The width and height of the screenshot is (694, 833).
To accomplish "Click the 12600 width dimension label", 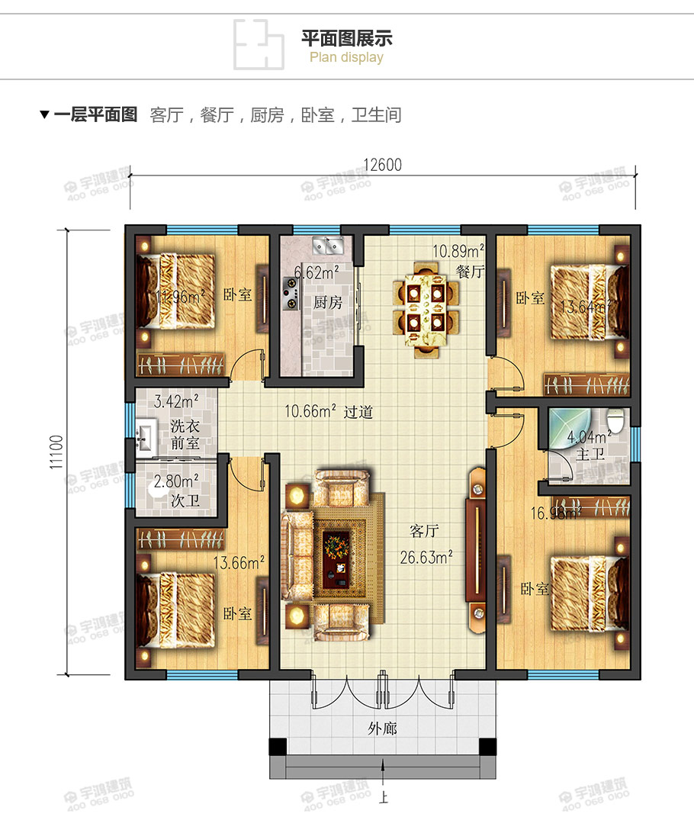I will [x=383, y=165].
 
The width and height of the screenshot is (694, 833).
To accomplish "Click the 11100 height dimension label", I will [x=56, y=454].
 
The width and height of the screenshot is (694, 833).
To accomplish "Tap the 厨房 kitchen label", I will [x=328, y=302].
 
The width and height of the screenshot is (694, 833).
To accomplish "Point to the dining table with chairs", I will [x=425, y=309].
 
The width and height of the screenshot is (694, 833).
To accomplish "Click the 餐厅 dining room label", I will [x=471, y=271].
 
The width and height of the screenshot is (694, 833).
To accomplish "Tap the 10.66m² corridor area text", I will [x=310, y=412].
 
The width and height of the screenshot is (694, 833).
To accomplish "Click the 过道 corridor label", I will [x=358, y=412].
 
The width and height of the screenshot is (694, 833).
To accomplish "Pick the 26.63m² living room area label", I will [x=426, y=557].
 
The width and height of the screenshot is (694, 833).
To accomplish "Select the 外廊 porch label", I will [x=383, y=728].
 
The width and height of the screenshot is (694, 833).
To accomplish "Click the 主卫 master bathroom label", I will [x=590, y=455].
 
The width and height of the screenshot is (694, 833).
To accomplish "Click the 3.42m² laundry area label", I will [x=176, y=400].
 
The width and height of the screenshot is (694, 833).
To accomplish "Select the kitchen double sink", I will [x=328, y=246].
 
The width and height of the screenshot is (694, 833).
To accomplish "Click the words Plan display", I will [x=346, y=57].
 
